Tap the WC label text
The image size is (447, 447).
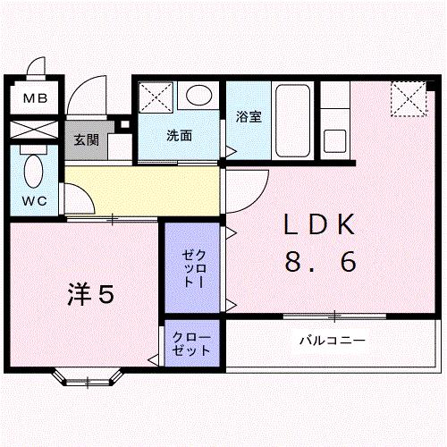(35, 201)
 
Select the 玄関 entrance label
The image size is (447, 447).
(87, 140)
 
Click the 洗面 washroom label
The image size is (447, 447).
(179, 136)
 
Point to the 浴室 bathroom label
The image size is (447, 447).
(249, 117)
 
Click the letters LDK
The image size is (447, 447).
(319, 224)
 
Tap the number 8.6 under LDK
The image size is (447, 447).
(320, 262)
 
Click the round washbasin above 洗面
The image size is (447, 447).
(198, 95)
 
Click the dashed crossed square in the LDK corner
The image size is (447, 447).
(408, 99)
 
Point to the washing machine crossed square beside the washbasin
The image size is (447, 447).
(156, 97)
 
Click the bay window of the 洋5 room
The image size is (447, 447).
(89, 376)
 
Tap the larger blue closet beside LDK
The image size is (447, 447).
(194, 267)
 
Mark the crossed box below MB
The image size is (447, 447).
(35, 128)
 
